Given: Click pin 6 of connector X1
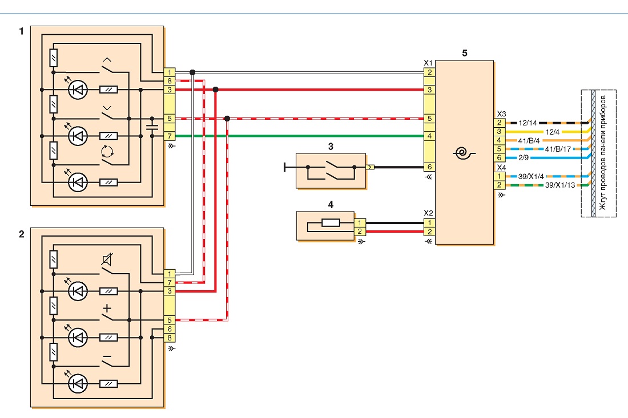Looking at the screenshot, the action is [x=429, y=167].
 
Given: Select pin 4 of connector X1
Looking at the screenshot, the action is [x=429, y=136].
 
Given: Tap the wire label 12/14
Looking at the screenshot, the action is [x=528, y=123].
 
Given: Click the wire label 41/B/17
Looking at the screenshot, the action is [x=558, y=149].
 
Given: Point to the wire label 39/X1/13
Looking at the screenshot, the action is [x=560, y=185].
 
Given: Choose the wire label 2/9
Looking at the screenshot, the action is [x=524, y=158].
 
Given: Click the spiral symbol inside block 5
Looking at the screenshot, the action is [x=465, y=153].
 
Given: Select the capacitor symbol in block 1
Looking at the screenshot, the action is [x=152, y=127].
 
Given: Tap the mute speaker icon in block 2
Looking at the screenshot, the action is [x=107, y=260].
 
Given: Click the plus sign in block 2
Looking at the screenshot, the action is [x=107, y=309].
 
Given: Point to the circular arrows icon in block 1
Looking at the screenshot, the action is [x=107, y=151].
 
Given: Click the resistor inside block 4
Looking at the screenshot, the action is [x=331, y=223].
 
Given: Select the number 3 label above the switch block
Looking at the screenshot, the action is [x=331, y=147].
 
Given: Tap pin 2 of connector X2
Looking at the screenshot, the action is [x=429, y=232].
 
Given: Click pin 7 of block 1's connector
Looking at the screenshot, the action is [x=170, y=136].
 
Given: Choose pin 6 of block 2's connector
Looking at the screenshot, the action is [x=170, y=329].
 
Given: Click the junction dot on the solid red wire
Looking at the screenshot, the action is [x=215, y=90].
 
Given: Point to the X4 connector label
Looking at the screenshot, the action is [x=501, y=168].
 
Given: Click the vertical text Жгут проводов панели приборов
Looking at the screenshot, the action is [x=603, y=153].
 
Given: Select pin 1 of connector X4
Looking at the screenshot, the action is [x=499, y=176].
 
